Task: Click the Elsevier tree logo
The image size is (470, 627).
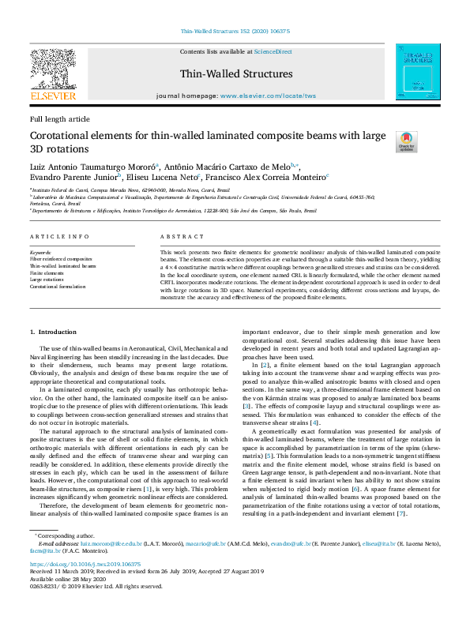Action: pos(52,68)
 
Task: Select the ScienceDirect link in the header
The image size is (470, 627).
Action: pos(273,51)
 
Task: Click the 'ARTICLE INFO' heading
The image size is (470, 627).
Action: pos(59,237)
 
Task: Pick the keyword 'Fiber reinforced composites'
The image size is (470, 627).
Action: pos(61,258)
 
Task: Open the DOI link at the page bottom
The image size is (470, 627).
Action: pos(85,587)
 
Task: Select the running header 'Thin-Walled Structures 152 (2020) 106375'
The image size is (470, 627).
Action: pos(235,32)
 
